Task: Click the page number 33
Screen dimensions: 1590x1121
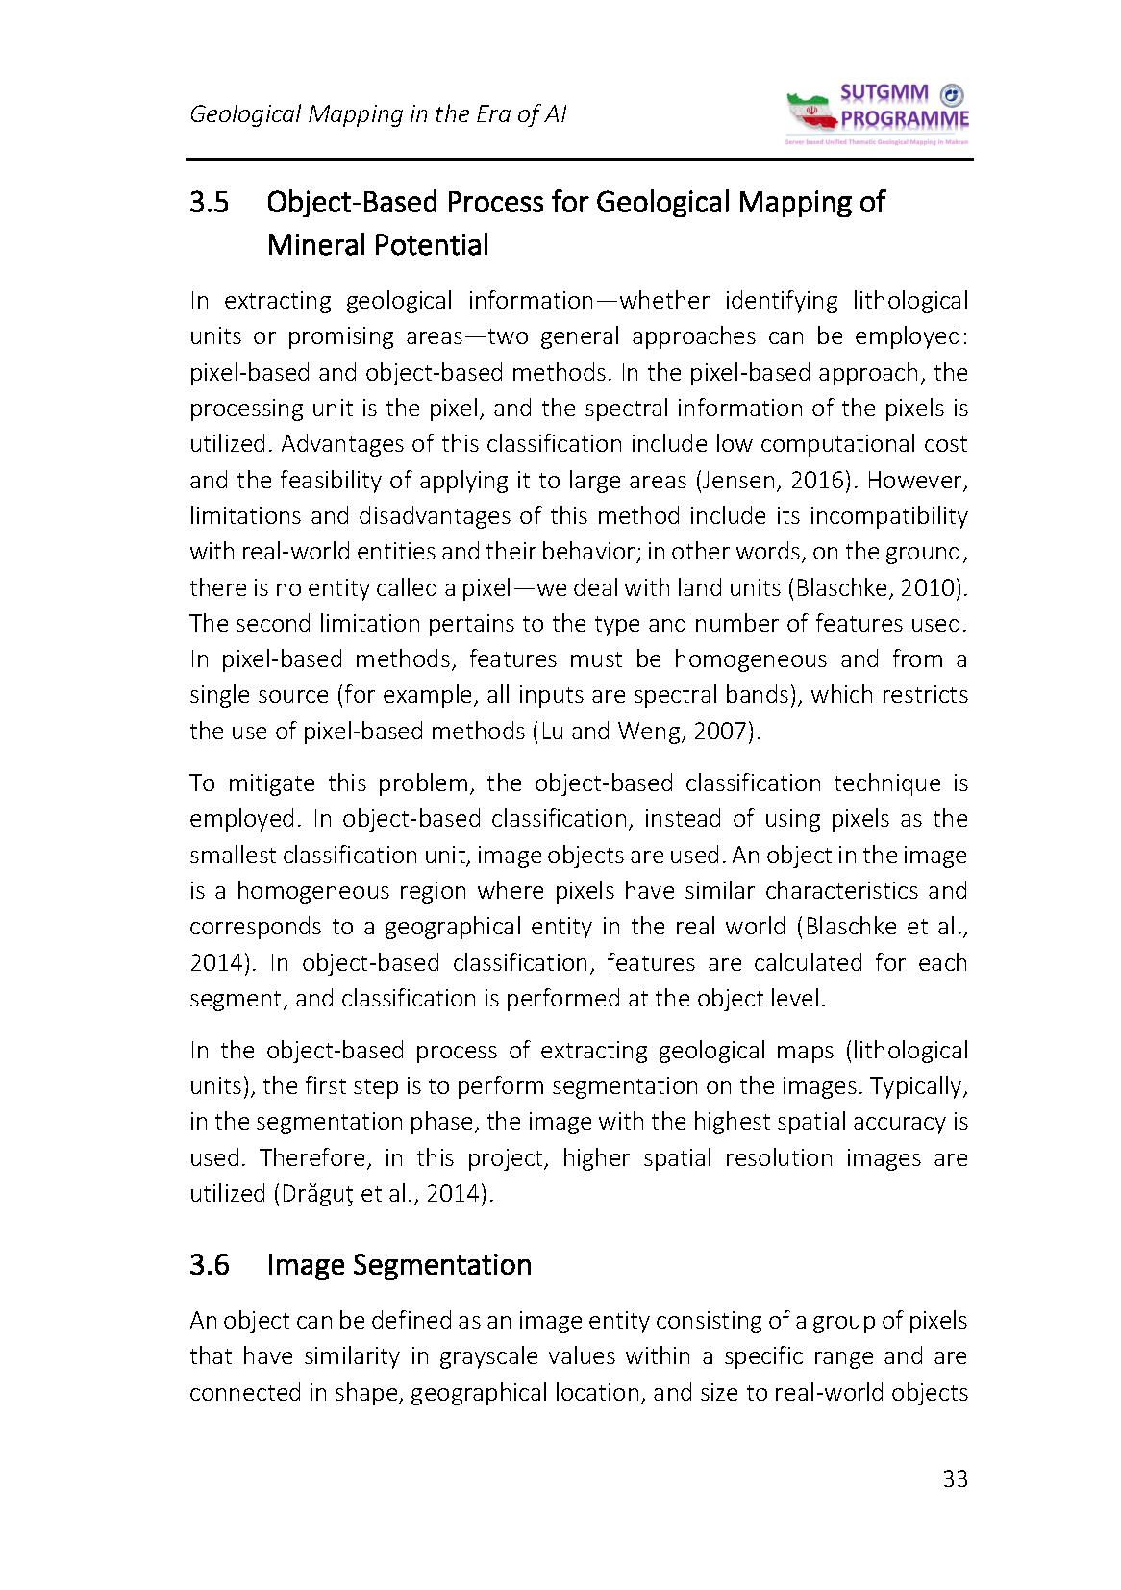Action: click(955, 1478)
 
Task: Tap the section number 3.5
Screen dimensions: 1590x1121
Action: click(210, 202)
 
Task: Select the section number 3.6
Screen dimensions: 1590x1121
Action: click(210, 1264)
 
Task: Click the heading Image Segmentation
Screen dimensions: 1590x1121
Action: click(399, 1264)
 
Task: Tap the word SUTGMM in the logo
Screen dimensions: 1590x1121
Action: click(884, 94)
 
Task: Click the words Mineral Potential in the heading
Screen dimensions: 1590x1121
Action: click(378, 245)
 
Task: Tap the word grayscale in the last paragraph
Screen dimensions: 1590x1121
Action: click(482, 1356)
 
